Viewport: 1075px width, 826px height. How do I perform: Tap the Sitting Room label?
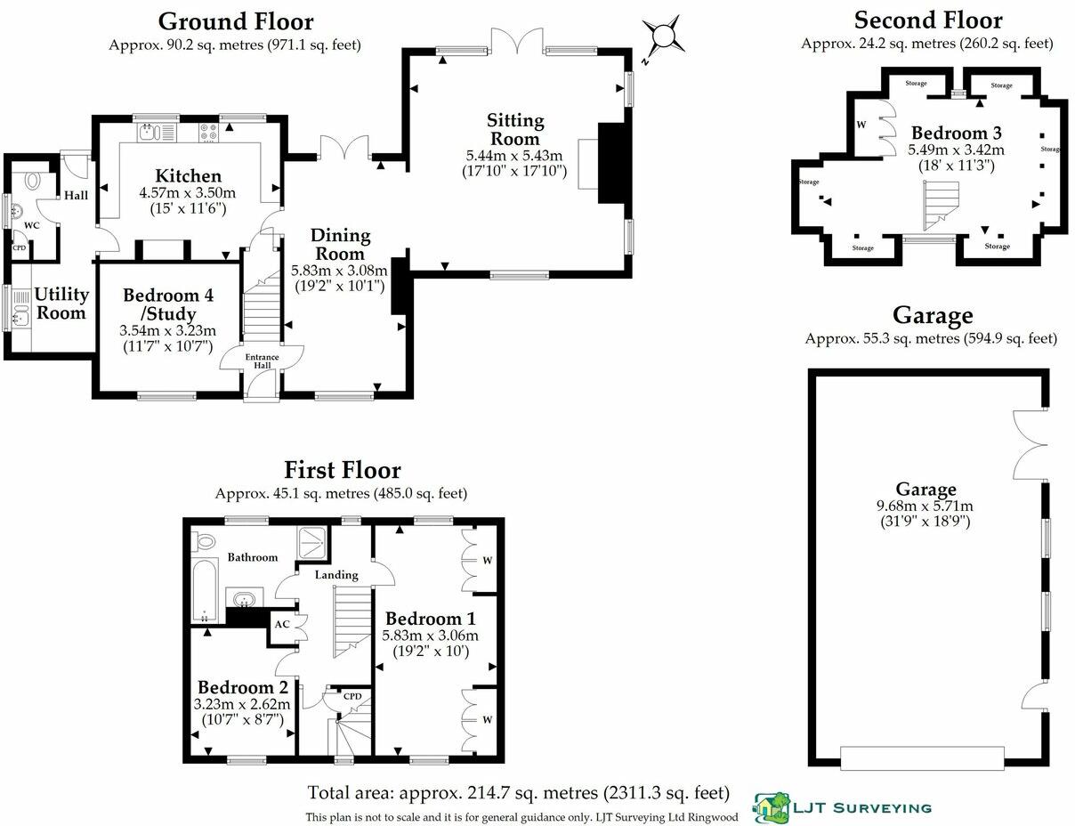coord(514,129)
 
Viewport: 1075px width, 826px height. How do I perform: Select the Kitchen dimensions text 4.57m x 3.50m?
coord(187,193)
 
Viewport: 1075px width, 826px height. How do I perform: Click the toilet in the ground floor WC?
coord(34,181)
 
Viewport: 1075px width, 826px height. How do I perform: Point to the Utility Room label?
coord(61,303)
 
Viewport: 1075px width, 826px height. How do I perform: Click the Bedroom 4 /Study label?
coord(168,304)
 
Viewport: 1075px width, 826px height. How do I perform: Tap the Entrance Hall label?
coord(263,360)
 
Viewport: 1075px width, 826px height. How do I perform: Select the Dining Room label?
coord(340,244)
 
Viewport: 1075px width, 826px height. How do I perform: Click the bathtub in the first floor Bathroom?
coord(205,591)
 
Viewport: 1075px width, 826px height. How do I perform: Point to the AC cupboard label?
coord(281,624)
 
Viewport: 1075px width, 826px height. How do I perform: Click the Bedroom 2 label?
coord(242,687)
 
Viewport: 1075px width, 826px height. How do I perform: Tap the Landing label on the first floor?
coord(336,575)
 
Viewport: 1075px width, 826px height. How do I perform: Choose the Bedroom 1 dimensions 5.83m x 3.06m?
coord(430,636)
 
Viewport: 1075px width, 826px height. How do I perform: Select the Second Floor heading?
coord(927,20)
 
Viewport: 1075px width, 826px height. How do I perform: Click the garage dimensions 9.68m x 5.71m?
coord(925,506)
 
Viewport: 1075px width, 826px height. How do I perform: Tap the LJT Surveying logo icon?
coord(771,807)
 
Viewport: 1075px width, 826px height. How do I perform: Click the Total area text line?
coord(519,792)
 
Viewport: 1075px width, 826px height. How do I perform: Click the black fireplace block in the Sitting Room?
coord(612,163)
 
